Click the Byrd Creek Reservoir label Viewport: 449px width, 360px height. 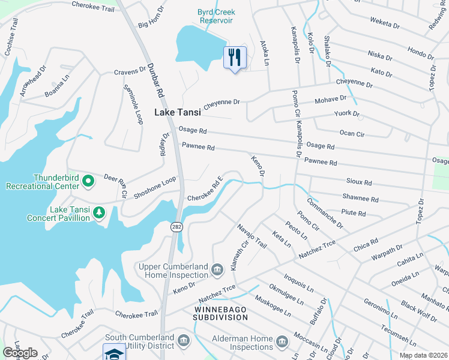pos(216,16)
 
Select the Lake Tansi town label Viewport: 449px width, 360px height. pos(178,112)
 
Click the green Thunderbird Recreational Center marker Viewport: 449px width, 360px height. pos(88,180)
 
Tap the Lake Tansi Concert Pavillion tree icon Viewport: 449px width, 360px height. pos(99,212)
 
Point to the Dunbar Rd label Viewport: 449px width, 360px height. pos(154,81)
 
